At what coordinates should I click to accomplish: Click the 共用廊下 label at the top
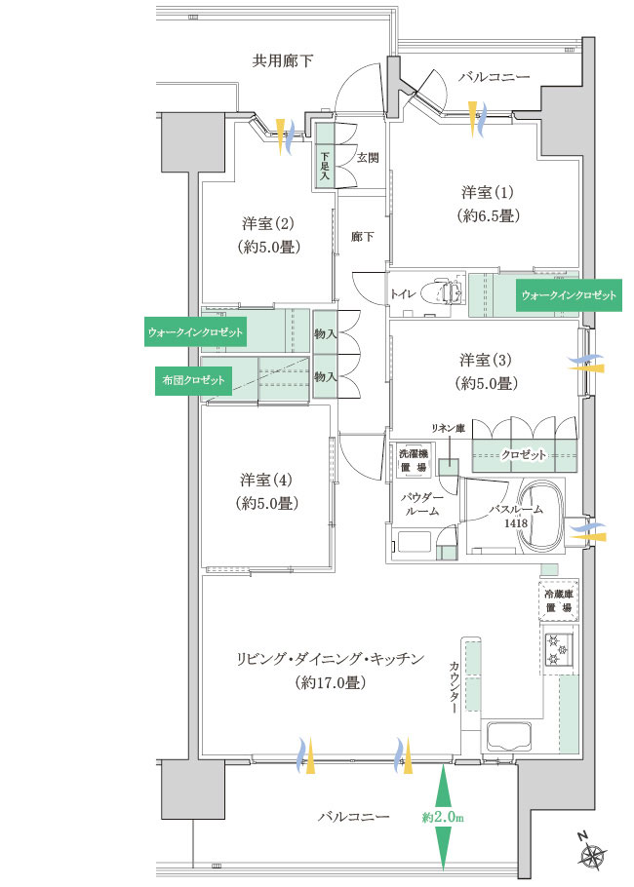coord(282,60)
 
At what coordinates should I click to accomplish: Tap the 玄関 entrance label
coord(368,158)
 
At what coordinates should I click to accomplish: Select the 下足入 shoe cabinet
coord(325,155)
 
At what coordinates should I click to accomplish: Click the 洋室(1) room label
coord(488,192)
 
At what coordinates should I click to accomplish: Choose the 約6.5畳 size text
coord(488,215)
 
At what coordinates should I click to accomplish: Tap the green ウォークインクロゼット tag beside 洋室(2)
coord(195,332)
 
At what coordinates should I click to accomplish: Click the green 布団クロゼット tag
coord(193,380)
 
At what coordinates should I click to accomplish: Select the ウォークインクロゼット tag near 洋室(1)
coord(569,295)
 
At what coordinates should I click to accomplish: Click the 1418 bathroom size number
coord(516,523)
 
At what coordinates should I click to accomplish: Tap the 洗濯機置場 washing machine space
coord(414,460)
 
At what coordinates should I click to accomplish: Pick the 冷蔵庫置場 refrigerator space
coord(559,600)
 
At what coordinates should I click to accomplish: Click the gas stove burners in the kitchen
coord(559,649)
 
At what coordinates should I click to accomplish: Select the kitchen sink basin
coord(509,736)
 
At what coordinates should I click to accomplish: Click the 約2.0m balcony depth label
coord(442,818)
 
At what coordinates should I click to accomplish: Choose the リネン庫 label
coord(448,429)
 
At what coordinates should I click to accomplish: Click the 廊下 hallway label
coord(362,237)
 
